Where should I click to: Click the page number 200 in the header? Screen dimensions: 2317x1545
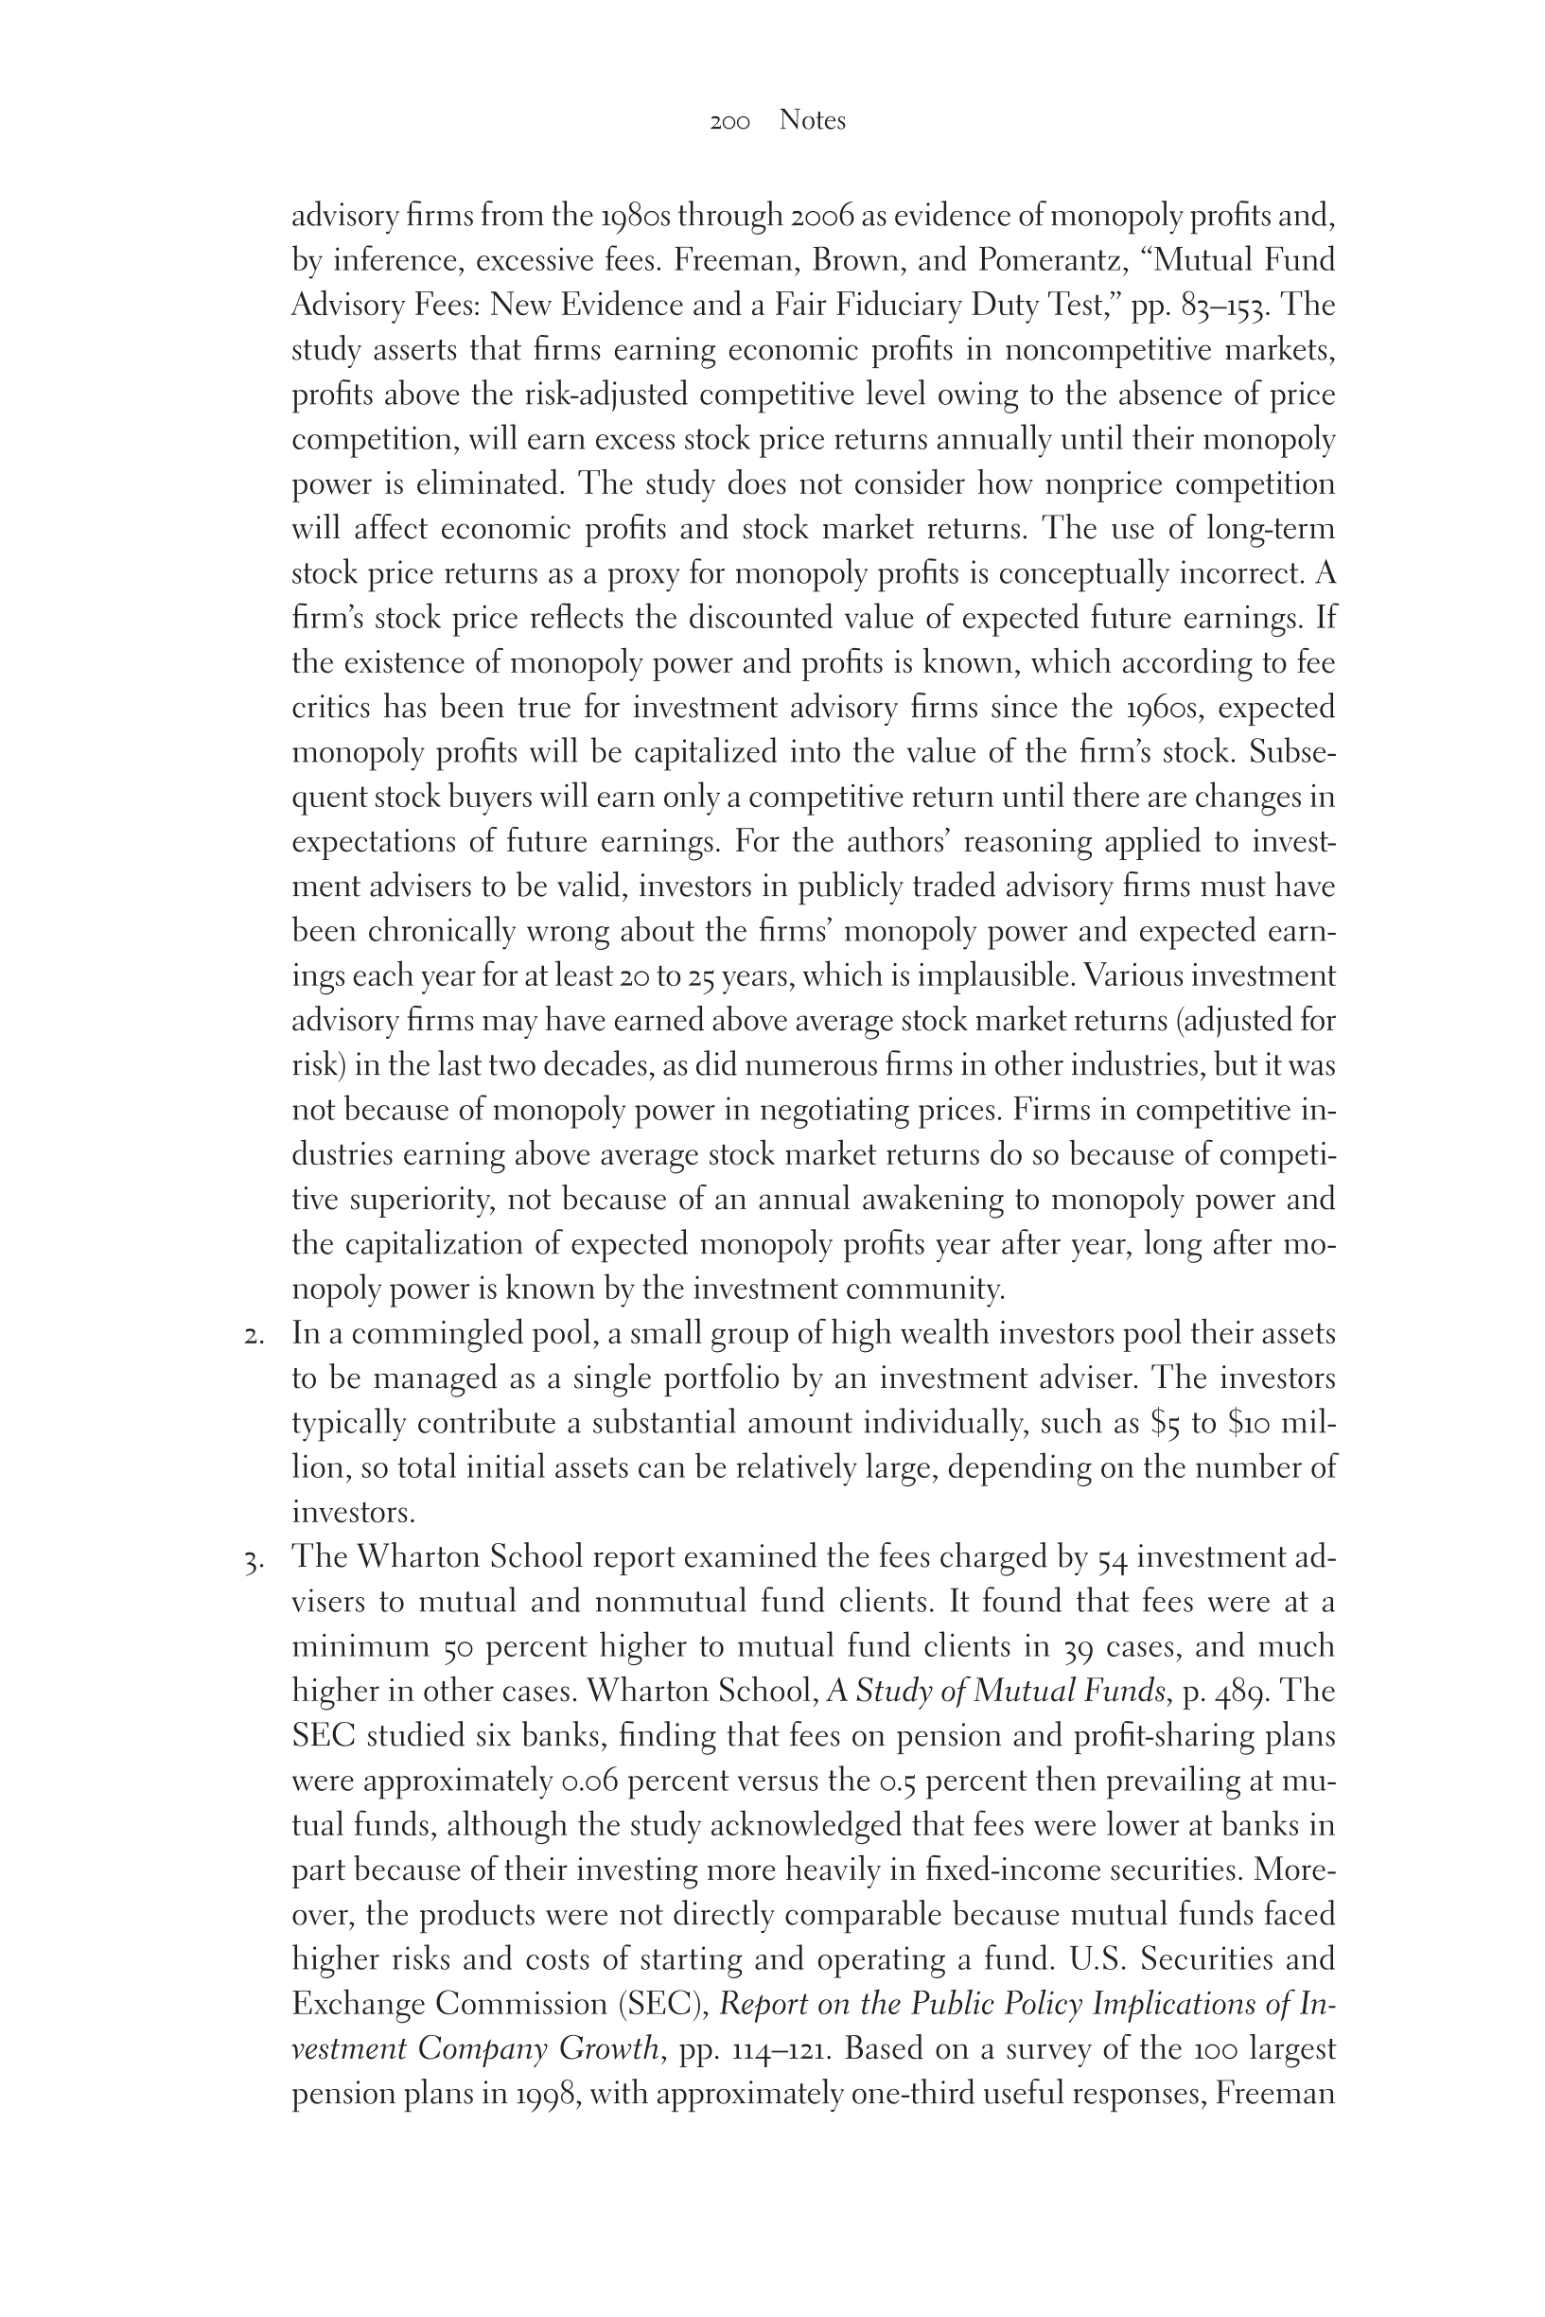729,122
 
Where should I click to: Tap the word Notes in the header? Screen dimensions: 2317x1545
812,120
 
